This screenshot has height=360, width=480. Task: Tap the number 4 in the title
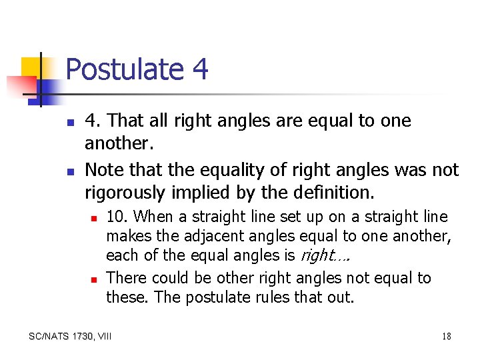point(198,69)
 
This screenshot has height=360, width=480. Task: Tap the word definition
point(331,193)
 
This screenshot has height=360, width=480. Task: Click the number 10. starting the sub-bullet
point(117,217)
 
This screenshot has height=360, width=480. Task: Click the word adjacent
point(220,236)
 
